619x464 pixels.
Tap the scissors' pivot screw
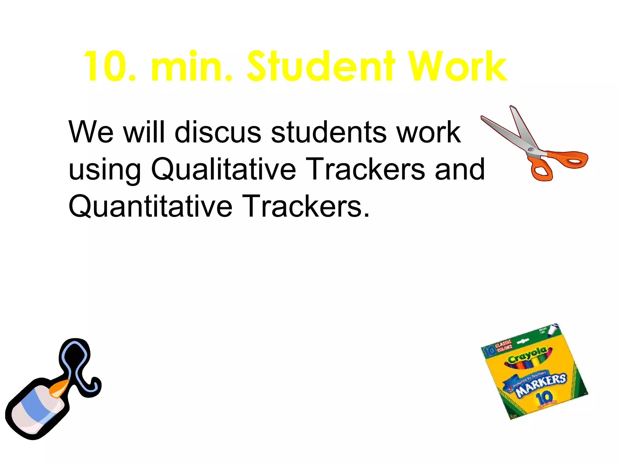pyautogui.click(x=531, y=150)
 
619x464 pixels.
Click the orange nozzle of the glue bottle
pyautogui.click(x=59, y=388)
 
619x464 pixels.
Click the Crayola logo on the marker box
pyautogui.click(x=527, y=356)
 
